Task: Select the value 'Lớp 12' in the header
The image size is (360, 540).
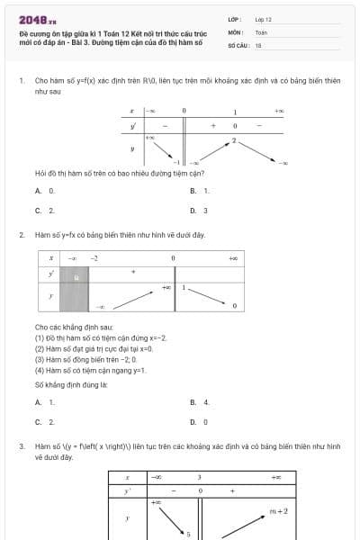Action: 263,19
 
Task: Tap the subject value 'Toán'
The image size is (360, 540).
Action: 261,31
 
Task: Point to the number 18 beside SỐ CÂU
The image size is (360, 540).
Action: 258,44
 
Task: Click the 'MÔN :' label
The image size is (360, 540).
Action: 236,31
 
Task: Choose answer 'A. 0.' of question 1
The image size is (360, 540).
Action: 45,191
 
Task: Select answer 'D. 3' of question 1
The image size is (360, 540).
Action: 199,211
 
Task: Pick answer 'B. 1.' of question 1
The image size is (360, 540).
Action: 200,191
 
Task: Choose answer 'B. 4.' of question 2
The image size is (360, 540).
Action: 200,402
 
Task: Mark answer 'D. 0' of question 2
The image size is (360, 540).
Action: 199,421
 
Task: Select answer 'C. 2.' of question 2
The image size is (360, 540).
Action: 45,421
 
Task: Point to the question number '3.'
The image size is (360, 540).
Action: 21,445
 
